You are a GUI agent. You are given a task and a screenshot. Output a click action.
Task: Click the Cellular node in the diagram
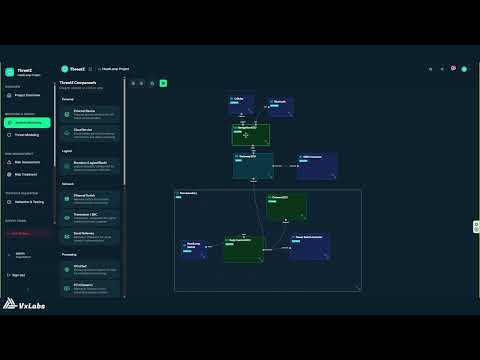coord(240,103)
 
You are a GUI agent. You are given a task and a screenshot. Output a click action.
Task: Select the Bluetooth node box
coord(281,105)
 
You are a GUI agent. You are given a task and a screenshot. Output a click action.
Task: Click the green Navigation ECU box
coord(250,134)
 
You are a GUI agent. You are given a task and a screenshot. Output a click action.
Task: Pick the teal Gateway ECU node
coord(253,165)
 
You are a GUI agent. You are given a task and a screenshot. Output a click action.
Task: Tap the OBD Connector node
coord(317,164)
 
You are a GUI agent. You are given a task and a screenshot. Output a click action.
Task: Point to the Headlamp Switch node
coord(194,248)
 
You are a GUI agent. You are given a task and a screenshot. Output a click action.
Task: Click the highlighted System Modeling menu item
coord(28,121)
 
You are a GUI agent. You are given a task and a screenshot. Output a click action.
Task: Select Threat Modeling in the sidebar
coord(28,133)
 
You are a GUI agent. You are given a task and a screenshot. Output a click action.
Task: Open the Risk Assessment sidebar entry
coord(28,162)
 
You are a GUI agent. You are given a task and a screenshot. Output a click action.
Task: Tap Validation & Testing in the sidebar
coord(28,202)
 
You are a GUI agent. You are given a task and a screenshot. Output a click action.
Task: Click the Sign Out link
coord(20,274)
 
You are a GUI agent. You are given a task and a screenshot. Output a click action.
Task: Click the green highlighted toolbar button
coord(163,83)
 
